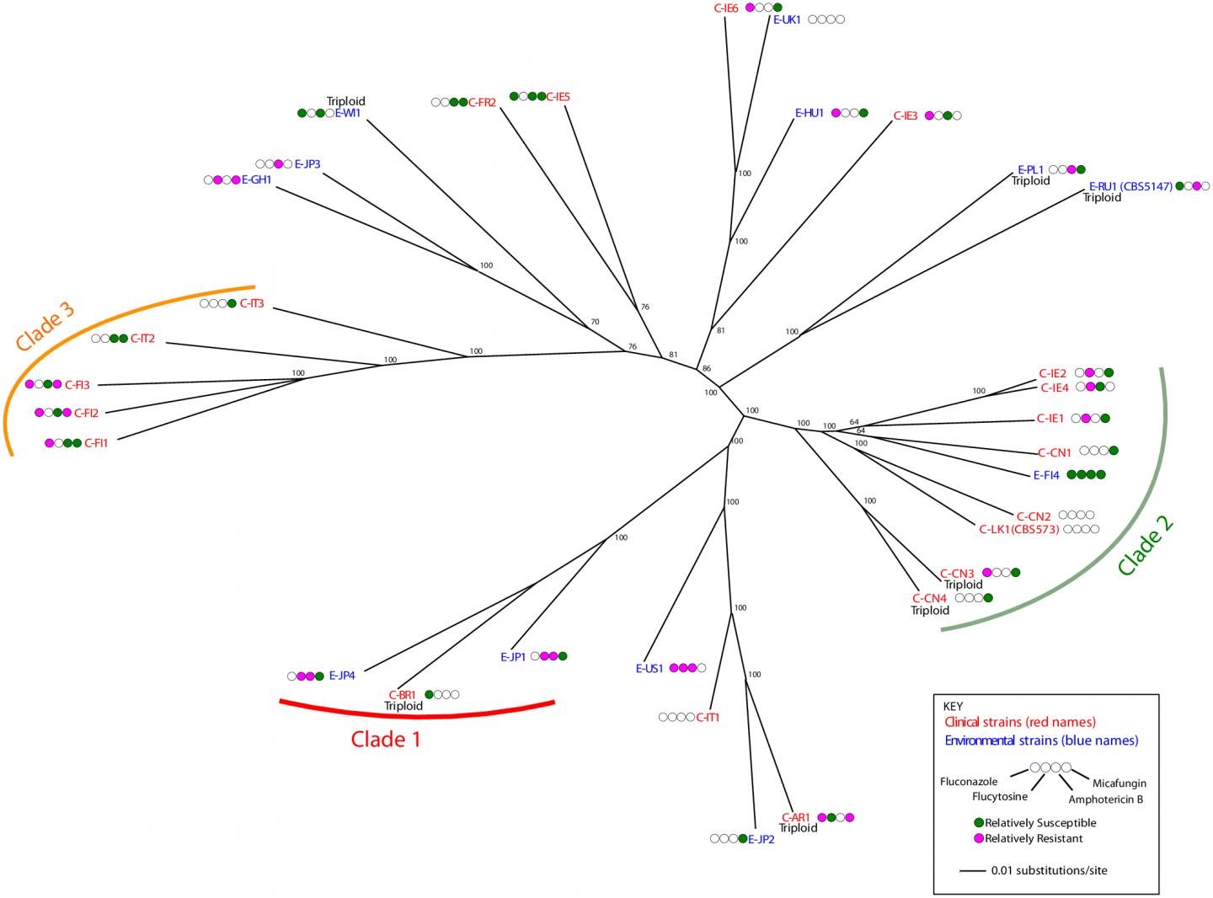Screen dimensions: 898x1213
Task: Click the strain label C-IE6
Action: tap(720, 8)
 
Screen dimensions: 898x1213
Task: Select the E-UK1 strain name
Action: tap(787, 19)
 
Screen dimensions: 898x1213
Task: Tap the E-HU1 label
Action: tap(810, 112)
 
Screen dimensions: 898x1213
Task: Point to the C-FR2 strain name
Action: tap(483, 103)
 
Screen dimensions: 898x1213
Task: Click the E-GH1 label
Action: tap(257, 179)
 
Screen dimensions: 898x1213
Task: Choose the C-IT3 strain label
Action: tap(252, 303)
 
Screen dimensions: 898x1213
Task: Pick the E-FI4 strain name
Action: tap(1047, 474)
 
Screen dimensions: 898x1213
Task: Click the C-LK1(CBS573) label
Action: tap(1018, 530)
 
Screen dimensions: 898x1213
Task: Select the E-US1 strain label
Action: tap(650, 668)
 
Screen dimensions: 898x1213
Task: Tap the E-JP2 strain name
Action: tap(761, 838)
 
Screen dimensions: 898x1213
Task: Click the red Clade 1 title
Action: tap(385, 740)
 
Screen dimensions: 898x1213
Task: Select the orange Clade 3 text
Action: tap(45, 327)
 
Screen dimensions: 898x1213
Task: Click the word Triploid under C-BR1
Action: tap(403, 706)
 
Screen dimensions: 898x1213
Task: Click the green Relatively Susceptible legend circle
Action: tap(979, 822)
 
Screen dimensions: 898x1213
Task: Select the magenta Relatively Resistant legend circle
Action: tap(979, 838)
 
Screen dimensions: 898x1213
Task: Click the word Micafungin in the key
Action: tap(1119, 783)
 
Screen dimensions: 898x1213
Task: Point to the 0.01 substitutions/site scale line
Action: tap(972, 870)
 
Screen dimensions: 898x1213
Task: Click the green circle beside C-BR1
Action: tap(430, 694)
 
